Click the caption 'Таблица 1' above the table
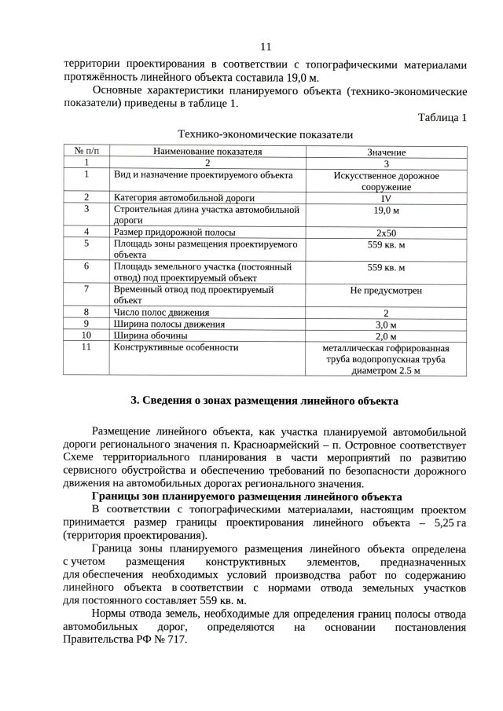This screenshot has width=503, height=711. point(442,118)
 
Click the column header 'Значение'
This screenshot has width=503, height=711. point(386,152)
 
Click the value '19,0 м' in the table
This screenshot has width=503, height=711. point(386,211)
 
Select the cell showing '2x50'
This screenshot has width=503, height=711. point(386,233)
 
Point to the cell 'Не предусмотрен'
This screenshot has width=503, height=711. point(386,291)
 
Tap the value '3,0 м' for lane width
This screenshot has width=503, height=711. point(386,324)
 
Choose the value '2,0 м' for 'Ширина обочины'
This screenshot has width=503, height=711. point(386,336)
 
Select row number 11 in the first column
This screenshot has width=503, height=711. point(86,346)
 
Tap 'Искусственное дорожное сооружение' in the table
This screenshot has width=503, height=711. point(386,181)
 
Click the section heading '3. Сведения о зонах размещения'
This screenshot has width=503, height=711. point(264,401)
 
